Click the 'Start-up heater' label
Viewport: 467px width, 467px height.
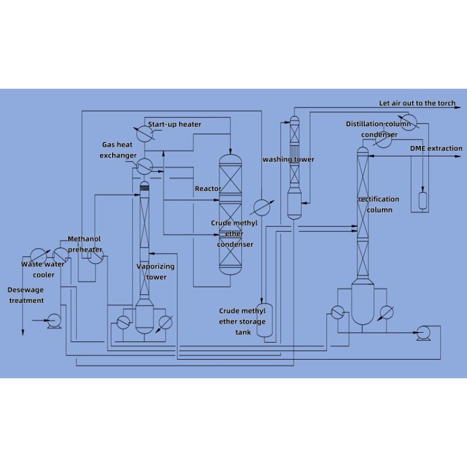[x=174, y=124]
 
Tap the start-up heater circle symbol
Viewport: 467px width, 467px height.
[x=140, y=133]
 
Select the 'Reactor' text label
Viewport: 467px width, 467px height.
[x=207, y=189]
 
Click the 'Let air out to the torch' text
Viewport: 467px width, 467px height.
[x=417, y=103]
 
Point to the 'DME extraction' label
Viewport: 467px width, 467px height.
[x=435, y=148]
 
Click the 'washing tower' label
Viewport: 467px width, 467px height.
[x=288, y=159]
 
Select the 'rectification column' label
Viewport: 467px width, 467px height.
[x=379, y=204]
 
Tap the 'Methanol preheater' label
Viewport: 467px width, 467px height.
[x=85, y=244]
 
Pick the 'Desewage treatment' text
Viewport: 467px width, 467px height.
[x=26, y=295]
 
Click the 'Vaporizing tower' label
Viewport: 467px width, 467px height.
[x=155, y=271]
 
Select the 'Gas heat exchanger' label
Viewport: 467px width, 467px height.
[x=118, y=150]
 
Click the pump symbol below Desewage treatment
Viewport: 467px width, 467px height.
[x=54, y=320]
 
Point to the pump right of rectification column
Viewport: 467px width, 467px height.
[x=421, y=333]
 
